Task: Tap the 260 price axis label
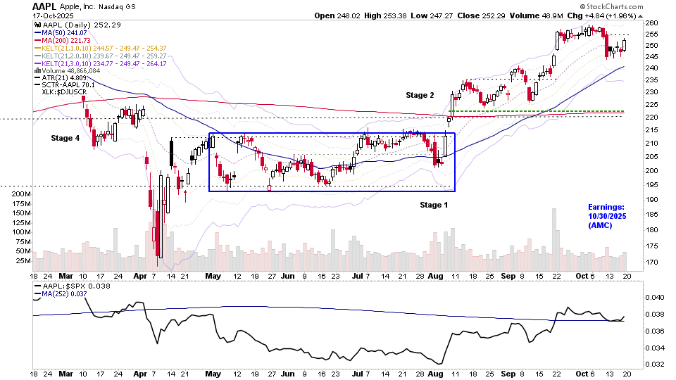coord(651,23)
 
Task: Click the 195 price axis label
coord(651,185)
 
